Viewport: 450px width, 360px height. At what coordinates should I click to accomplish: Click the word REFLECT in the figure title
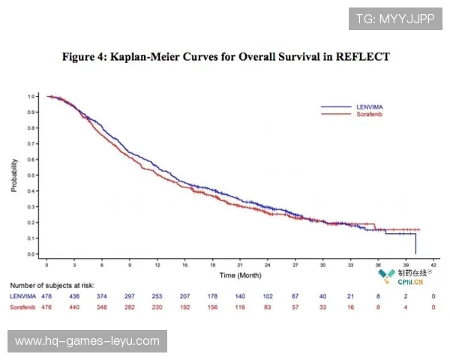pyautogui.click(x=364, y=57)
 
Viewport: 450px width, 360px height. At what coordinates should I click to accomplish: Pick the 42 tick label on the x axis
pyautogui.click(x=433, y=266)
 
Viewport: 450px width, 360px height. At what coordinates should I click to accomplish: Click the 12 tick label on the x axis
pyautogui.click(x=157, y=266)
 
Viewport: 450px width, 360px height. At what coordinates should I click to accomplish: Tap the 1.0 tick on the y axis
pyautogui.click(x=32, y=97)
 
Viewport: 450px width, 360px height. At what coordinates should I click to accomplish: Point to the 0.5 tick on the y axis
pyautogui.click(x=32, y=175)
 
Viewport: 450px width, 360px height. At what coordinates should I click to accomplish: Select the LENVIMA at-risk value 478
pyautogui.click(x=46, y=297)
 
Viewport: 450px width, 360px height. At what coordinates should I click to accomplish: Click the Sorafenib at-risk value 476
pyautogui.click(x=46, y=307)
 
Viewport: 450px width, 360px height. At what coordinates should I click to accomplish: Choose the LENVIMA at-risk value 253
pyautogui.click(x=157, y=297)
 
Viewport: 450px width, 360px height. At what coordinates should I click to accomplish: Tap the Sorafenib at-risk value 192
pyautogui.click(x=184, y=307)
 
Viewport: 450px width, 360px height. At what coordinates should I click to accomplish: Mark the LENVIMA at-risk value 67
pyautogui.click(x=295, y=297)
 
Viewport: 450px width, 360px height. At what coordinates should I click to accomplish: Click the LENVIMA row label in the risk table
pyautogui.click(x=20, y=297)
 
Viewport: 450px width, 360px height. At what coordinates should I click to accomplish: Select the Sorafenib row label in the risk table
pyautogui.click(x=22, y=307)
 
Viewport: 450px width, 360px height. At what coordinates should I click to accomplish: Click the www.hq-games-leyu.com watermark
pyautogui.click(x=87, y=341)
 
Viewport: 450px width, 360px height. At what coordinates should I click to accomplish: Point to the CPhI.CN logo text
pyautogui.click(x=409, y=282)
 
